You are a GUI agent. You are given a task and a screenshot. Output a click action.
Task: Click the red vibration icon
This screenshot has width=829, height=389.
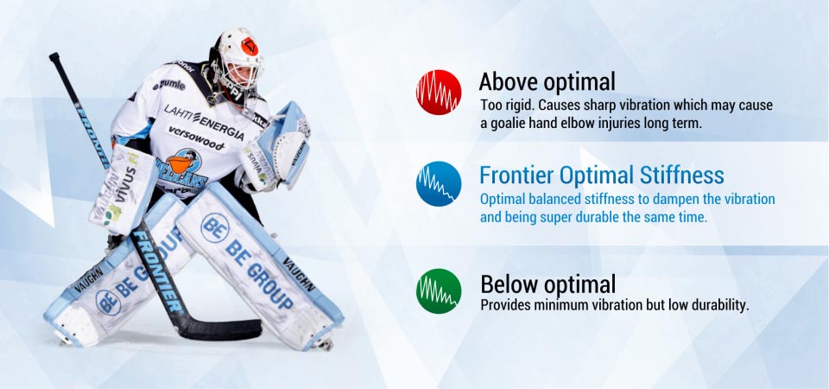[x=439, y=92]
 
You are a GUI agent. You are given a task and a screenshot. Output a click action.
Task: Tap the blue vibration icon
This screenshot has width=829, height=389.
[x=439, y=183]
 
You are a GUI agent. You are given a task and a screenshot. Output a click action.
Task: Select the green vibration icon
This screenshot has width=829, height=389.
[x=439, y=291]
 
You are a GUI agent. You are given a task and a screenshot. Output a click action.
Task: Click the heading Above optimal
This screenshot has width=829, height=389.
[x=547, y=82]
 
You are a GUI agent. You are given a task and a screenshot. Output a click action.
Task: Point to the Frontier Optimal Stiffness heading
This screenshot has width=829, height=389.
[x=602, y=175]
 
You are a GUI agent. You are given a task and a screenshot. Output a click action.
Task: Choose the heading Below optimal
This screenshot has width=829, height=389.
[x=547, y=284]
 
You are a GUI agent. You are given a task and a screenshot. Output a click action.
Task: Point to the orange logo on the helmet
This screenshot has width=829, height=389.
[x=250, y=47]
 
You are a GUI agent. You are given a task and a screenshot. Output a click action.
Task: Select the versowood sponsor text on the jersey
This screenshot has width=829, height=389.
[x=196, y=137]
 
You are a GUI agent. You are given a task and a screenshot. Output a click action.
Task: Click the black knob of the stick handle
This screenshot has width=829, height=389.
[x=54, y=56]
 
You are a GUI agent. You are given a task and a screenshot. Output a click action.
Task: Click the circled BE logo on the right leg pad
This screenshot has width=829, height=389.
[x=214, y=227]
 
